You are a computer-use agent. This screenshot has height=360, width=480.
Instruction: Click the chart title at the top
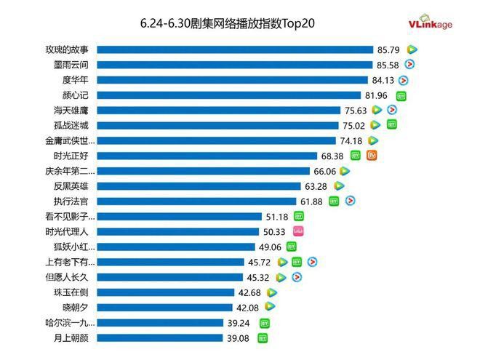[228, 24]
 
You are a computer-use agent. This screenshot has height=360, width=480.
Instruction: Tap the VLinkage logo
[431, 24]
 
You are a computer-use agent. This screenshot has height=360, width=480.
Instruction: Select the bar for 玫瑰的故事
[235, 49]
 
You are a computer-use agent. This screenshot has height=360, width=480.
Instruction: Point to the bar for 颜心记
[229, 95]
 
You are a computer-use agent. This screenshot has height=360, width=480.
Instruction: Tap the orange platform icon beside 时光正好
[372, 156]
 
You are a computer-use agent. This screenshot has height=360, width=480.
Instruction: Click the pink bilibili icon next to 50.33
[297, 231]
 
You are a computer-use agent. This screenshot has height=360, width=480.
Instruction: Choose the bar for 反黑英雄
[199, 186]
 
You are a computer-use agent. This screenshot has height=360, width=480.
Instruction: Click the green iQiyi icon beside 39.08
[263, 337]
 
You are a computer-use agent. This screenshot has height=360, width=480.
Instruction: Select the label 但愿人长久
[71, 276]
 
